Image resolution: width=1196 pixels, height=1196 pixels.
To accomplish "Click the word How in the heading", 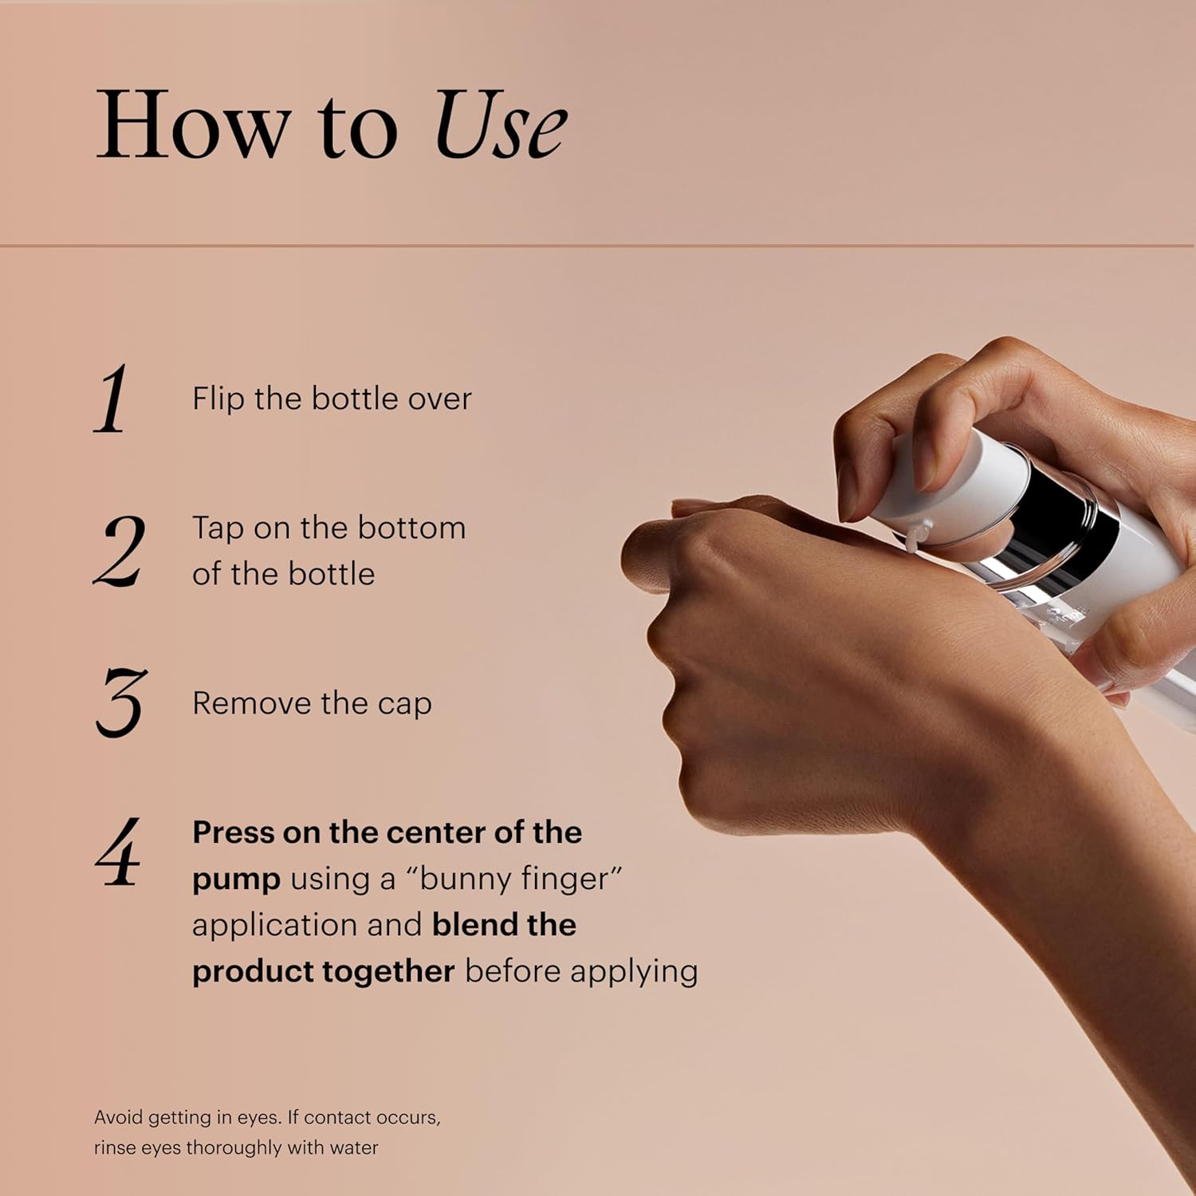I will (192, 126).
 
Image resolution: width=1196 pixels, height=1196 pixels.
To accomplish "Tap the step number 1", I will (112, 399).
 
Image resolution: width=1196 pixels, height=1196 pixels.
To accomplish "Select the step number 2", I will (120, 550).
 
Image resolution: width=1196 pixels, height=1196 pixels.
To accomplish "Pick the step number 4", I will (118, 852).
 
